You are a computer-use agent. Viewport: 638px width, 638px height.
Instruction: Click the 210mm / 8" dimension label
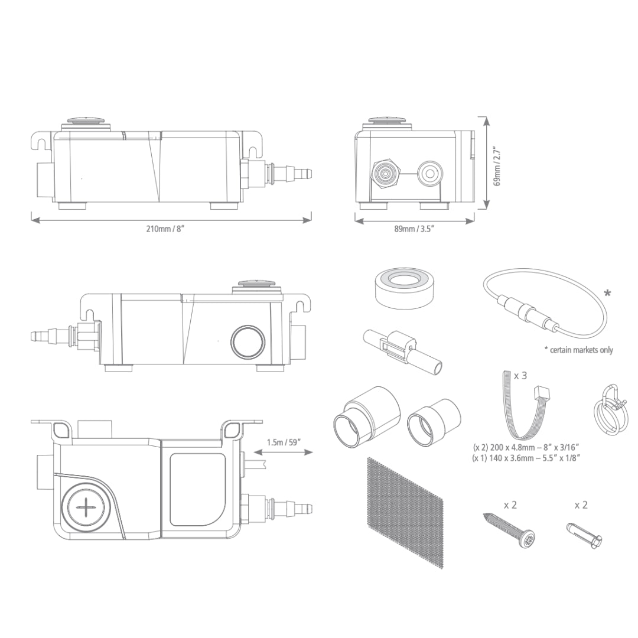(166, 229)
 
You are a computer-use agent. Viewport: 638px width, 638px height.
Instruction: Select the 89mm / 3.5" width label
(414, 229)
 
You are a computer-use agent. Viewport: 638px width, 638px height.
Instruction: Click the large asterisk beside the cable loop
(608, 294)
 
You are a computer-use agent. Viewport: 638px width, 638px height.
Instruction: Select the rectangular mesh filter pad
(405, 511)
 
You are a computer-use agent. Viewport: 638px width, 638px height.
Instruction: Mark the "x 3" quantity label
(520, 376)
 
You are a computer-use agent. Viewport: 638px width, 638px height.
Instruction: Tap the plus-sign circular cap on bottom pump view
(87, 507)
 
